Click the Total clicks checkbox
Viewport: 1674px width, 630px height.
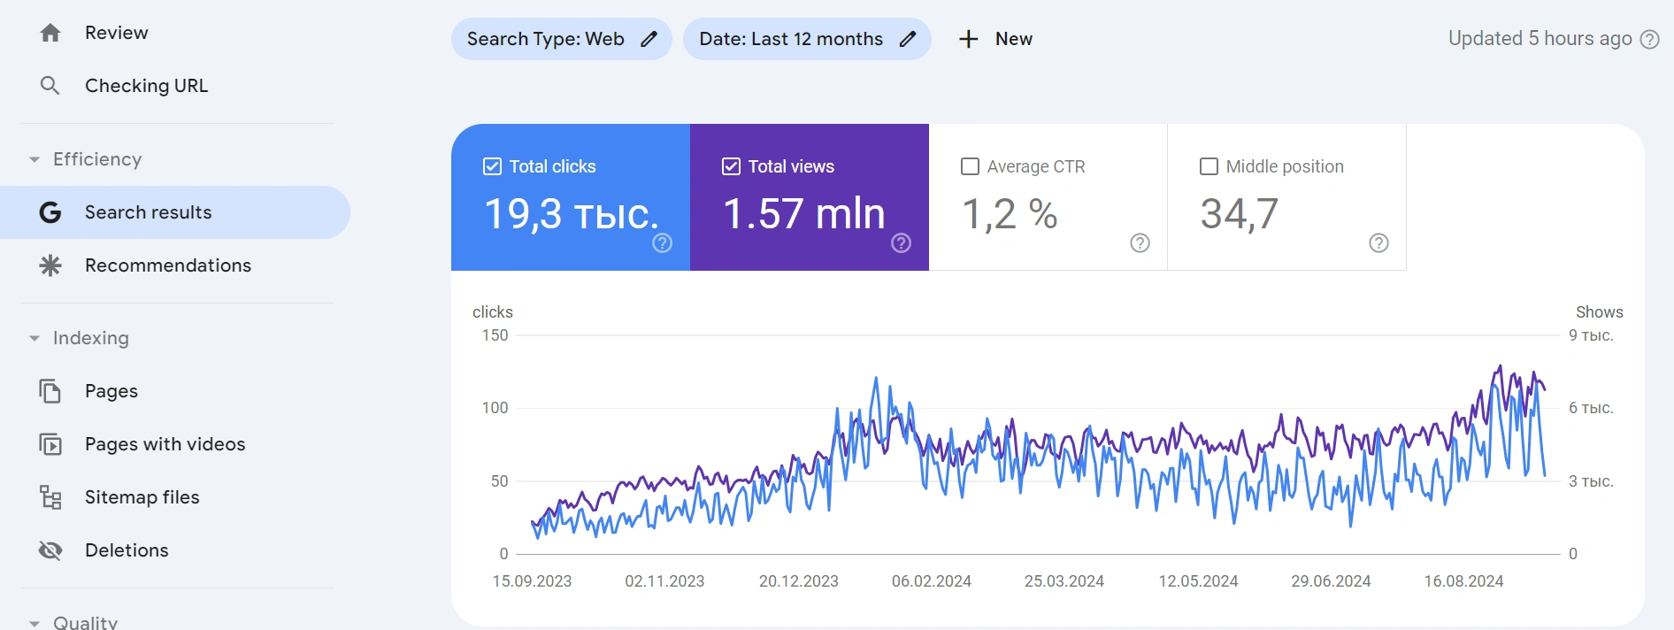coord(492,166)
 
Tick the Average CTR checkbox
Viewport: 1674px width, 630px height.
coord(970,166)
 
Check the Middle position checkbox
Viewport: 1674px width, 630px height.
coord(1209,166)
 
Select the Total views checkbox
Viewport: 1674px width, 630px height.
coord(731,166)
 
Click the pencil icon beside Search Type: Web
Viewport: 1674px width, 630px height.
coord(649,39)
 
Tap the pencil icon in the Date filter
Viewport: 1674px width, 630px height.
coord(908,39)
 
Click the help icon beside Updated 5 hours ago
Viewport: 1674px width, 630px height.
coord(1649,39)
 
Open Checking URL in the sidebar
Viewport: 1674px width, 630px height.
coord(146,86)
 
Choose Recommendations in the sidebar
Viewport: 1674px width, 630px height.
coord(167,265)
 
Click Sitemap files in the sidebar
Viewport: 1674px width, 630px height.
coord(142,497)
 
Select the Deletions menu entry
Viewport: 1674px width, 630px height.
coord(127,550)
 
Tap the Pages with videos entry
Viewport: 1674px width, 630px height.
coord(165,444)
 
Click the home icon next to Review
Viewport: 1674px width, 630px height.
coord(50,33)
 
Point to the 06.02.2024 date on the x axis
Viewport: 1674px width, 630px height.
coord(931,581)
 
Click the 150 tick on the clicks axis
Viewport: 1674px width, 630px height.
coord(495,335)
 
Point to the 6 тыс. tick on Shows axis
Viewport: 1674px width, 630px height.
coord(1591,408)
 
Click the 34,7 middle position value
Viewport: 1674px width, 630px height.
coord(1239,214)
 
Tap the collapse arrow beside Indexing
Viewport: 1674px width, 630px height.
coord(35,338)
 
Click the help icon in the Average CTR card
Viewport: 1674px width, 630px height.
coord(1140,243)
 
